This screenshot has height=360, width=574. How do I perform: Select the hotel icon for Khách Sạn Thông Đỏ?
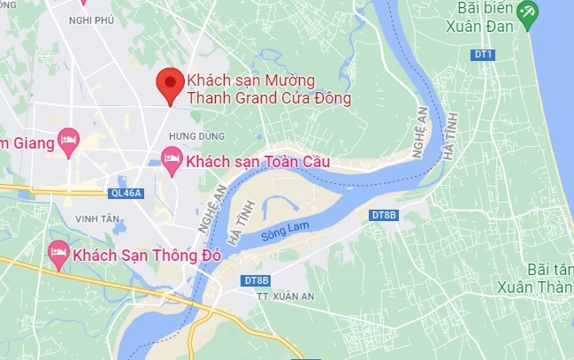(58, 254)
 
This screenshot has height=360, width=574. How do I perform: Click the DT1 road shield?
(483, 55)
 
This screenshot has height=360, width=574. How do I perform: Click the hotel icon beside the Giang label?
(67, 140)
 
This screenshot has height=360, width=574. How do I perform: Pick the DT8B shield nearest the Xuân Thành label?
(384, 216)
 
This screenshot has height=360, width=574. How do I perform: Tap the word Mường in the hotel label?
(294, 80)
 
